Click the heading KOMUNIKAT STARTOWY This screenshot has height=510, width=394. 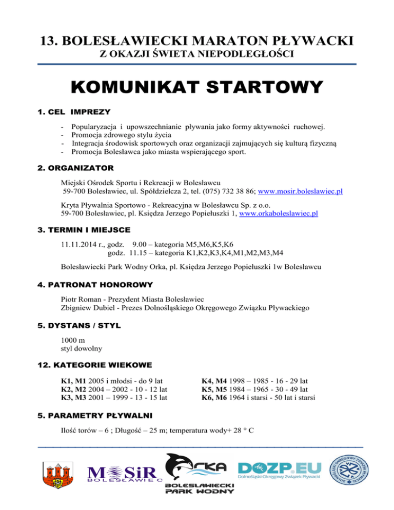pyautogui.click(x=197, y=86)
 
